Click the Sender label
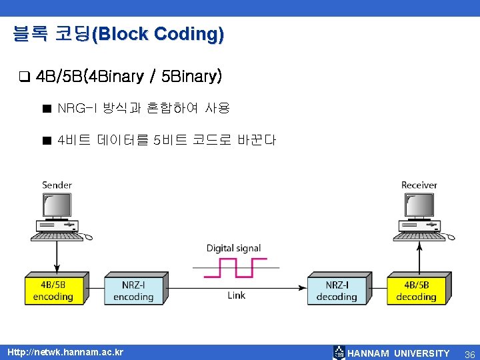57,185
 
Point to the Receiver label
419,185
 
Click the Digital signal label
233,248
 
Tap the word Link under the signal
236,295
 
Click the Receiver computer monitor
419,207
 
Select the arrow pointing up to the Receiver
419,257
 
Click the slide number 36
469,353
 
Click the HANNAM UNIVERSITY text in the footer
399,353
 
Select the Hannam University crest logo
339,353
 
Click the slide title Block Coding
118,34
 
